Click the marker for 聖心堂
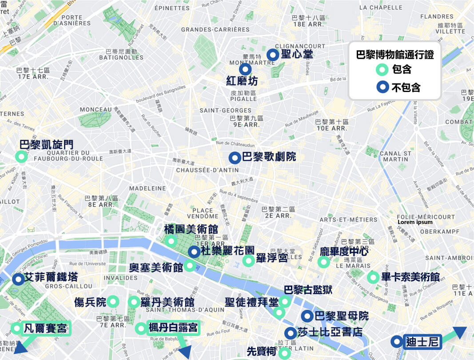tap(272, 55)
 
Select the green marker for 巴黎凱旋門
tap(20, 156)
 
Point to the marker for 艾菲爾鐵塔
tap(18, 279)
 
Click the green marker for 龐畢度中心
tap(323, 262)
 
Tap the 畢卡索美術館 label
tap(410, 277)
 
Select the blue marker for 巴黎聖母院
tap(307, 316)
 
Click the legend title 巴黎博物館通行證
tap(395, 55)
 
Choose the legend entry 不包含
tap(406, 87)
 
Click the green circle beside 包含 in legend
tap(381, 70)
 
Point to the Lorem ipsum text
tap(415, 222)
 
